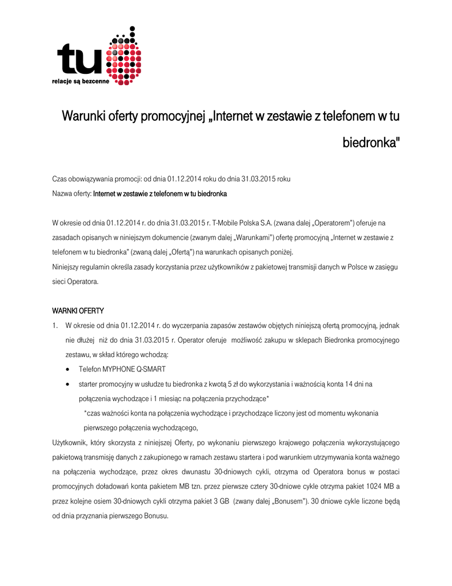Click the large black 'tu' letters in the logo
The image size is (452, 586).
pyautogui.click(x=80, y=61)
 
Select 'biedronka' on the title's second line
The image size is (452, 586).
pyautogui.click(x=370, y=142)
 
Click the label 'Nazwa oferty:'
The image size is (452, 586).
pyautogui.click(x=71, y=194)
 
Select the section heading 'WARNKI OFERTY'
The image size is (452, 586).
pyautogui.click(x=78, y=311)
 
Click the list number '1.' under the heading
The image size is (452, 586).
pyautogui.click(x=56, y=326)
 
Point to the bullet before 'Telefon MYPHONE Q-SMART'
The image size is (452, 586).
pyautogui.click(x=69, y=370)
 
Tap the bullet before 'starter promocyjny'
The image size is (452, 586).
pyautogui.click(x=69, y=384)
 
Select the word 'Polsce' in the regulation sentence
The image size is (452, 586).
pyautogui.click(x=341, y=267)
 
